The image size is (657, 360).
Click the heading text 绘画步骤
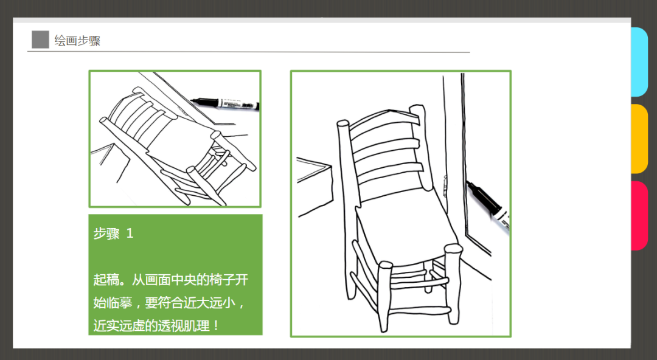click(77, 41)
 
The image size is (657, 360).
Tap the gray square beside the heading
click(40, 40)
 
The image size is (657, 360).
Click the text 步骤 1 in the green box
click(113, 234)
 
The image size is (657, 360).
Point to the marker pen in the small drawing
click(225, 104)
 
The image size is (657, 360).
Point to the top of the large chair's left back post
click(342, 125)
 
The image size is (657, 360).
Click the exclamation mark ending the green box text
click(216, 326)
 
